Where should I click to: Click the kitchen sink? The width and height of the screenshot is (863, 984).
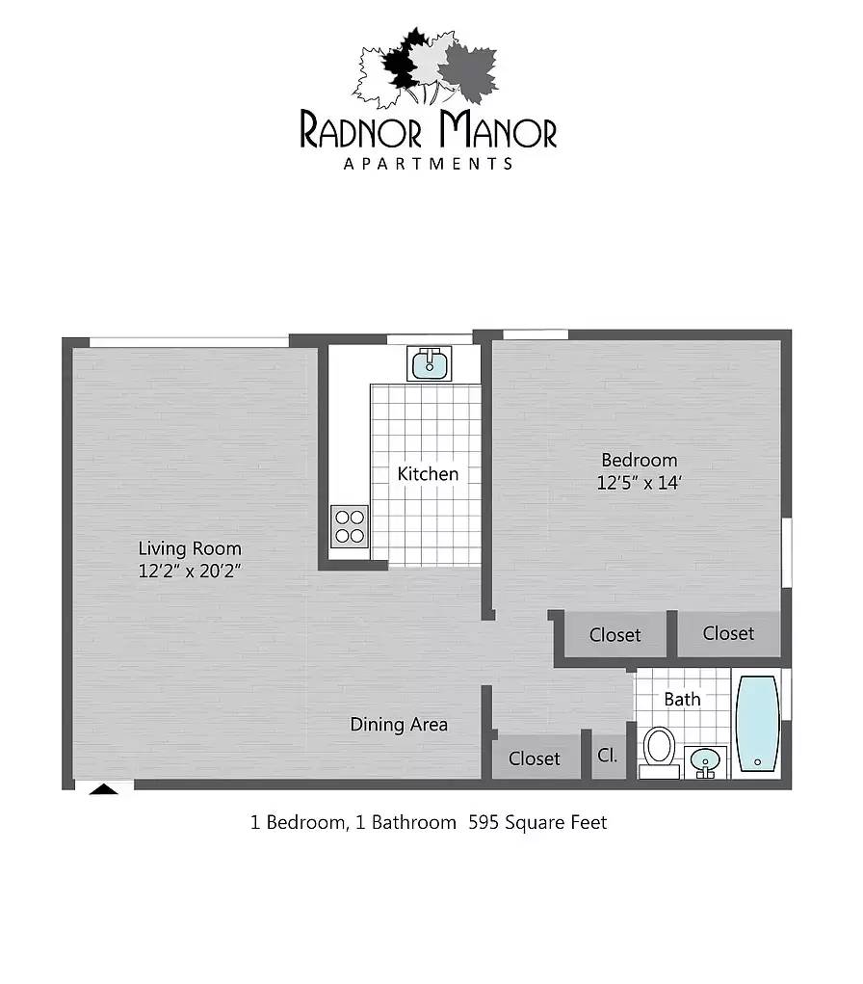click(x=429, y=363)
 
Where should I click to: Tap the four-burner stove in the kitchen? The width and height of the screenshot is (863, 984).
click(x=350, y=526)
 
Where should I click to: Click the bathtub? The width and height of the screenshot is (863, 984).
click(x=757, y=723)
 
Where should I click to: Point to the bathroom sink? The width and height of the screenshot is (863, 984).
click(x=706, y=762)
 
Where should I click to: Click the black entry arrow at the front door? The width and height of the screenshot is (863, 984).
click(x=103, y=789)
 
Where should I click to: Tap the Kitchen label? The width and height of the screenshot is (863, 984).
click(x=428, y=474)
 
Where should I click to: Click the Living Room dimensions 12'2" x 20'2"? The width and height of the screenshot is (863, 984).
click(x=190, y=572)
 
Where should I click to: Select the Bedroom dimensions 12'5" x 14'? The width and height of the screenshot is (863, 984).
click(x=640, y=483)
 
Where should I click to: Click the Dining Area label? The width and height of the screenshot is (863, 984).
click(x=399, y=725)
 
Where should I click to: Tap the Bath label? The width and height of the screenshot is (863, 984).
click(x=682, y=699)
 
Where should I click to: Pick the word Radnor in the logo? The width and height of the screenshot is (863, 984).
click(x=360, y=130)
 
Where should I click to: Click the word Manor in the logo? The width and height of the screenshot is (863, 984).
click(x=498, y=129)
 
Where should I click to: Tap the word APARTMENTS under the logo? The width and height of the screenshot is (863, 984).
click(x=429, y=164)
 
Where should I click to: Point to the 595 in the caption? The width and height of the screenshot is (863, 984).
click(x=484, y=822)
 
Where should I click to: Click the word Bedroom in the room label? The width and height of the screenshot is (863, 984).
click(x=640, y=460)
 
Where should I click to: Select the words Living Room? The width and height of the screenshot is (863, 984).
click(x=190, y=549)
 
